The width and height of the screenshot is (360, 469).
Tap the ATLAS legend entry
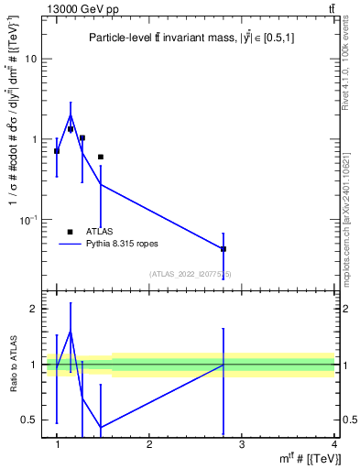tap(98, 232)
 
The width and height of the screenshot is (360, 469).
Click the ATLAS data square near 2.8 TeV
tap(224, 249)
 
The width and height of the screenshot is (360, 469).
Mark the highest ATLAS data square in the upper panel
tap(71, 129)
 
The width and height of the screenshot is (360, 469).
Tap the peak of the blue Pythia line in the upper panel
tap(71, 115)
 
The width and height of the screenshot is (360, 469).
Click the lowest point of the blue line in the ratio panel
tap(100, 427)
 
